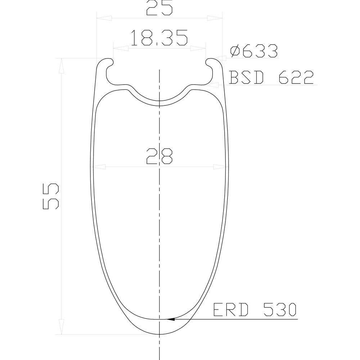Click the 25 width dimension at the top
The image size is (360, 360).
point(159,8)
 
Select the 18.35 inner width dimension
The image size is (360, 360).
point(159,38)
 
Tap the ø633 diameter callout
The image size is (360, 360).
point(254,51)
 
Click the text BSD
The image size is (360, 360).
point(246,77)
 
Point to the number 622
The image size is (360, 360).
point(296,77)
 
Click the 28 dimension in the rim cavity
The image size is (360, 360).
point(159,156)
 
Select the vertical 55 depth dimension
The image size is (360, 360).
point(51,196)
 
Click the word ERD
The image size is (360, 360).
point(231,310)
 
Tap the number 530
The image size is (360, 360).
point(280,310)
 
